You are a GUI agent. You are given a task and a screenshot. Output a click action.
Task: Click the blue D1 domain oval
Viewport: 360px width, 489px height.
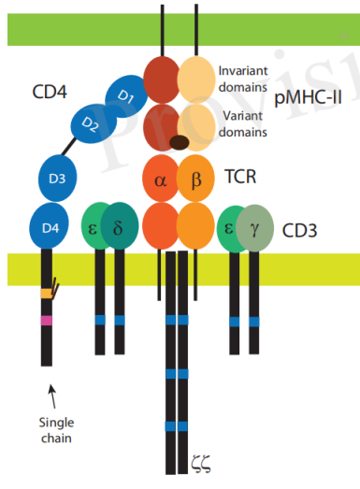[125, 93]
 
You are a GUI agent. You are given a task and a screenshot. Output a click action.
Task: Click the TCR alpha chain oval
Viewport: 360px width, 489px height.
[160, 180]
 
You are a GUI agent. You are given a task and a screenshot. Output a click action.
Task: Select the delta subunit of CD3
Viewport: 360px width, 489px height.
[119, 228]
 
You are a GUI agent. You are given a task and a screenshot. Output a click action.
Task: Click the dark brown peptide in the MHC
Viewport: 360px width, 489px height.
[178, 143]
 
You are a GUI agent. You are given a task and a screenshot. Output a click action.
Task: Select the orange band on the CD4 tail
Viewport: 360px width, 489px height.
[46, 294]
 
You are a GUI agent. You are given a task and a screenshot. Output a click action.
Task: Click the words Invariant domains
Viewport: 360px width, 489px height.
[244, 79]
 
